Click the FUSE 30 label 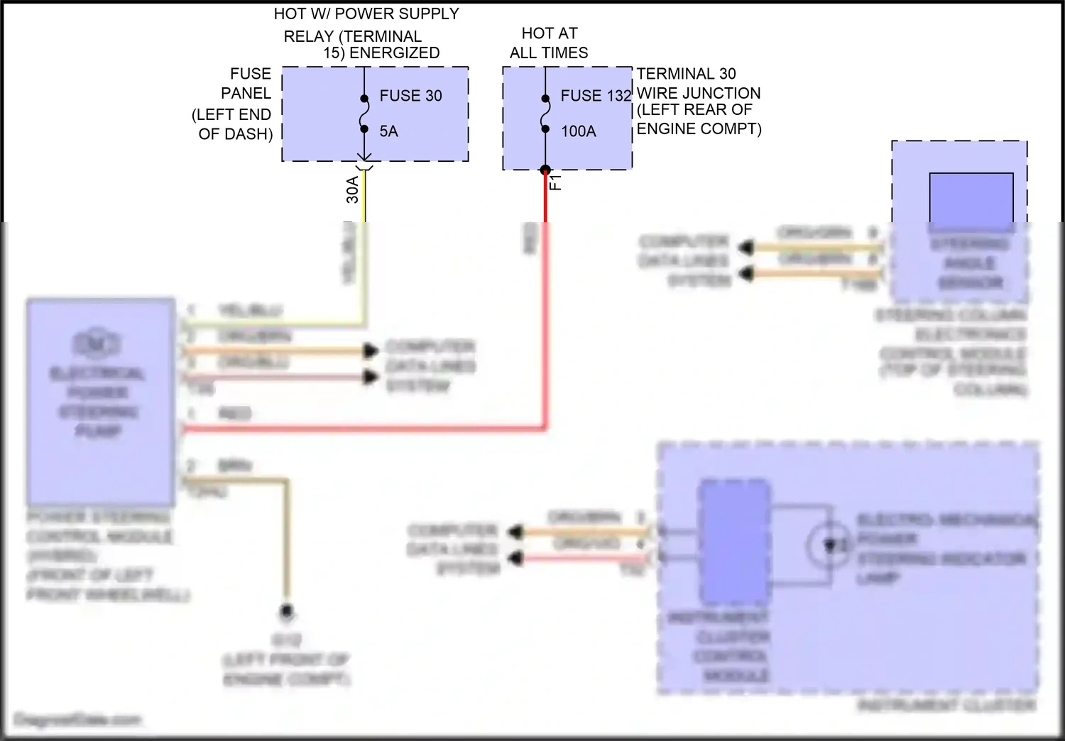pyautogui.click(x=410, y=96)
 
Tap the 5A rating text pyautogui.click(x=388, y=131)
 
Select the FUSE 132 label pyautogui.click(x=595, y=96)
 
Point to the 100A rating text pyautogui.click(x=578, y=131)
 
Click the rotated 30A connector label pyautogui.click(x=353, y=190)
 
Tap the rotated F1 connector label pyautogui.click(x=556, y=182)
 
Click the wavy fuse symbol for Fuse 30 pyautogui.click(x=364, y=114)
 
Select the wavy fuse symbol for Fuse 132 pyautogui.click(x=545, y=114)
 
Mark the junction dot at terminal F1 pyautogui.click(x=545, y=170)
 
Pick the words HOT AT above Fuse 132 pyautogui.click(x=550, y=33)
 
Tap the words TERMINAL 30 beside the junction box pyautogui.click(x=686, y=74)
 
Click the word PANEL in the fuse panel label pyautogui.click(x=246, y=94)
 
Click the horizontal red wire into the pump pyautogui.click(x=362, y=428)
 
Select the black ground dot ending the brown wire pyautogui.click(x=287, y=611)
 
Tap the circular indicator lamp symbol pyautogui.click(x=828, y=545)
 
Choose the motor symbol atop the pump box pyautogui.click(x=97, y=343)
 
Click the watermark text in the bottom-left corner pyautogui.click(x=78, y=720)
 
